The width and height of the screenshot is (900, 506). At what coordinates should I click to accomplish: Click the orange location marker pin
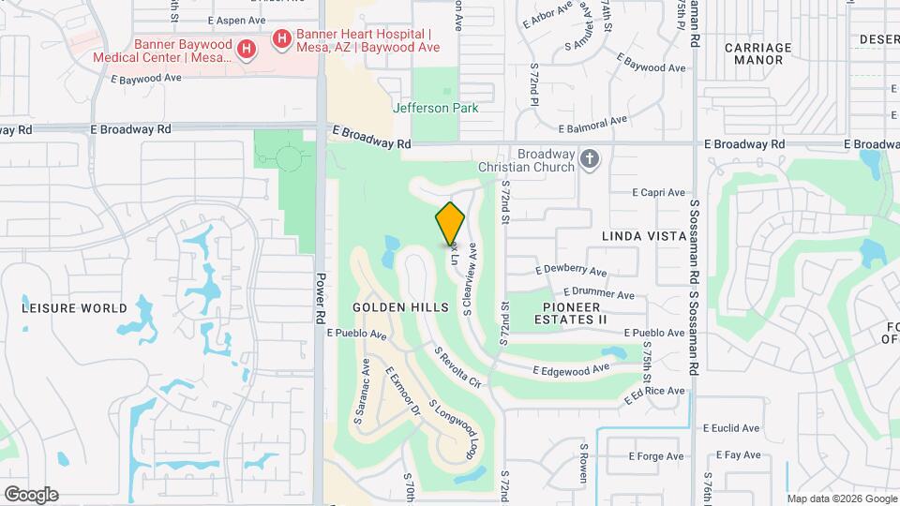(450, 223)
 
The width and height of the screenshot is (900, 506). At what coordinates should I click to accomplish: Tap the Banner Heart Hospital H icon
(280, 38)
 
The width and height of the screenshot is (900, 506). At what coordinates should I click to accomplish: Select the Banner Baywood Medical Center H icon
(245, 48)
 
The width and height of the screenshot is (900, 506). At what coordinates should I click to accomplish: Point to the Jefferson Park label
(435, 108)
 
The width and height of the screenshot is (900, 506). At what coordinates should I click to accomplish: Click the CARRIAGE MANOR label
(757, 53)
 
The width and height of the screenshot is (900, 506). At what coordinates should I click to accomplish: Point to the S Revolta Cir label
(458, 368)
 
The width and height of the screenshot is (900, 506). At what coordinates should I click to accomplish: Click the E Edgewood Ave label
(562, 371)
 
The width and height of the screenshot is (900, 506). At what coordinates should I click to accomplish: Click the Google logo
(31, 495)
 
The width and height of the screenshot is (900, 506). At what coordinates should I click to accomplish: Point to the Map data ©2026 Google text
(841, 499)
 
